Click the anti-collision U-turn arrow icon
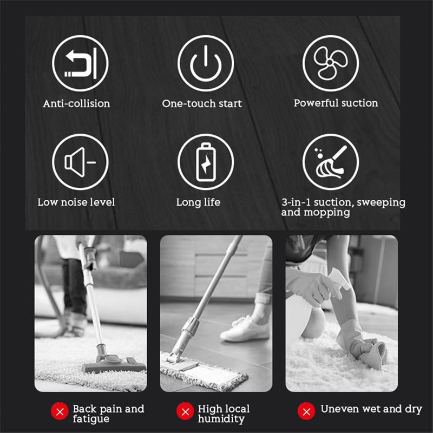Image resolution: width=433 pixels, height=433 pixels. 80,63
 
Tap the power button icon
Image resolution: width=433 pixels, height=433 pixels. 206,63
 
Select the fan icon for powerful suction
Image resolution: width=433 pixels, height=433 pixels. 331,63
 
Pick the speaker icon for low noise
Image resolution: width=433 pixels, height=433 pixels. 80,162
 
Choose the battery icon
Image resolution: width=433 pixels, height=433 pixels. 206,162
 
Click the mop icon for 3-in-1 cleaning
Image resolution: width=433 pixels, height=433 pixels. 331,162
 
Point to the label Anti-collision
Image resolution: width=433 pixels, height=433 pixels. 76,103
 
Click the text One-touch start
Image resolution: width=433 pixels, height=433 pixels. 202,103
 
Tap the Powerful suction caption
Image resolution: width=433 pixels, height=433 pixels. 336,103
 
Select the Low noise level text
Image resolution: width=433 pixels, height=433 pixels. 76,202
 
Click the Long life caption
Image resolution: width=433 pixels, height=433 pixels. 198,202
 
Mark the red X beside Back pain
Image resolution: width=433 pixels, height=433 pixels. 59,412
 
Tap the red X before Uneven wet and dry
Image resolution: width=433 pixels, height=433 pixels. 307,410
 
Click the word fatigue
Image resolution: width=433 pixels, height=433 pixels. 91,419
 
